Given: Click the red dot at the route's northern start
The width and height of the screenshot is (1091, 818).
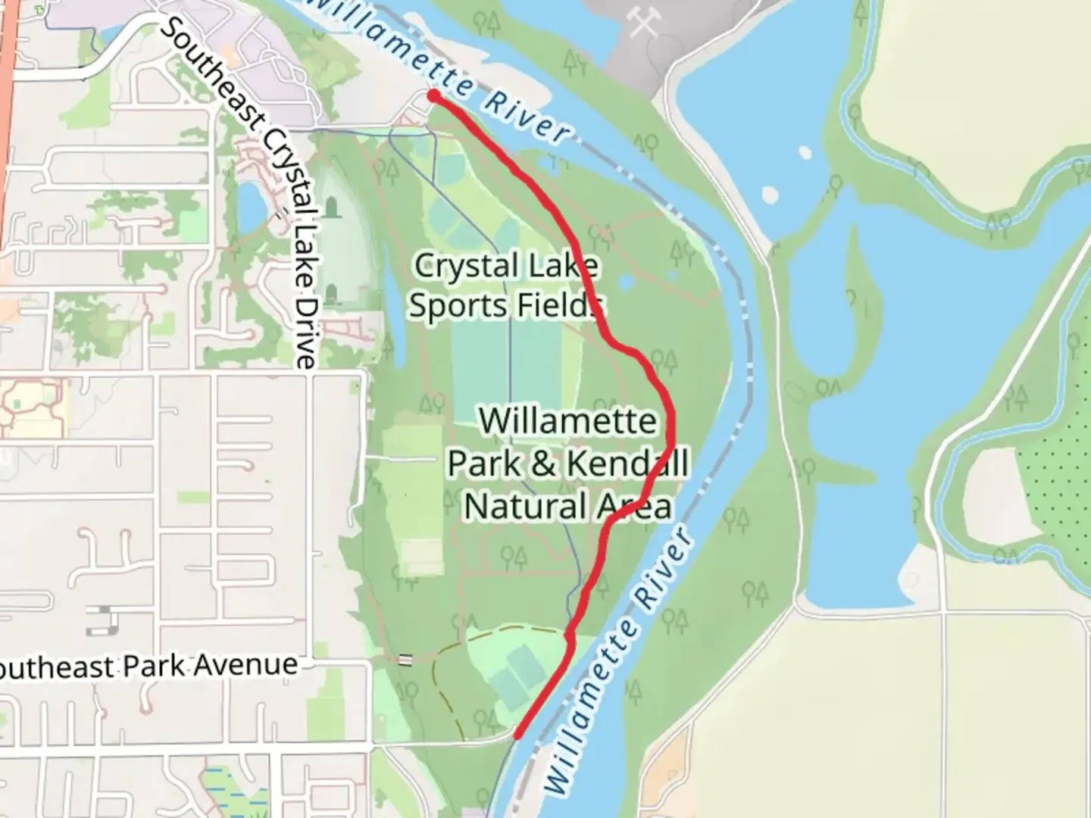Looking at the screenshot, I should tap(433, 95).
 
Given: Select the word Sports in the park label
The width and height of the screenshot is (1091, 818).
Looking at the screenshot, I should tap(454, 306).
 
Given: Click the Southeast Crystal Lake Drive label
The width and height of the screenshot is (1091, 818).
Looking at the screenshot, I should tap(242, 190).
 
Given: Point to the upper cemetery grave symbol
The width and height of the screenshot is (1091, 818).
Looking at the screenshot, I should tap(331, 208).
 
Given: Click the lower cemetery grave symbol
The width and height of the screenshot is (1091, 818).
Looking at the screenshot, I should tap(331, 294).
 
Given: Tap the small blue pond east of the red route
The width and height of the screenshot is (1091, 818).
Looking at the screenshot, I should tap(626, 283).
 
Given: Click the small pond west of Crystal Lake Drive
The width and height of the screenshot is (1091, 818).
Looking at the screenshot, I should tap(250, 206).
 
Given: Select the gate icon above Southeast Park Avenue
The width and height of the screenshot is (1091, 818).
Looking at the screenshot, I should tap(405, 660).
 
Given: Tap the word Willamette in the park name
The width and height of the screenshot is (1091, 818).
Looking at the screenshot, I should tap(567, 420).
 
